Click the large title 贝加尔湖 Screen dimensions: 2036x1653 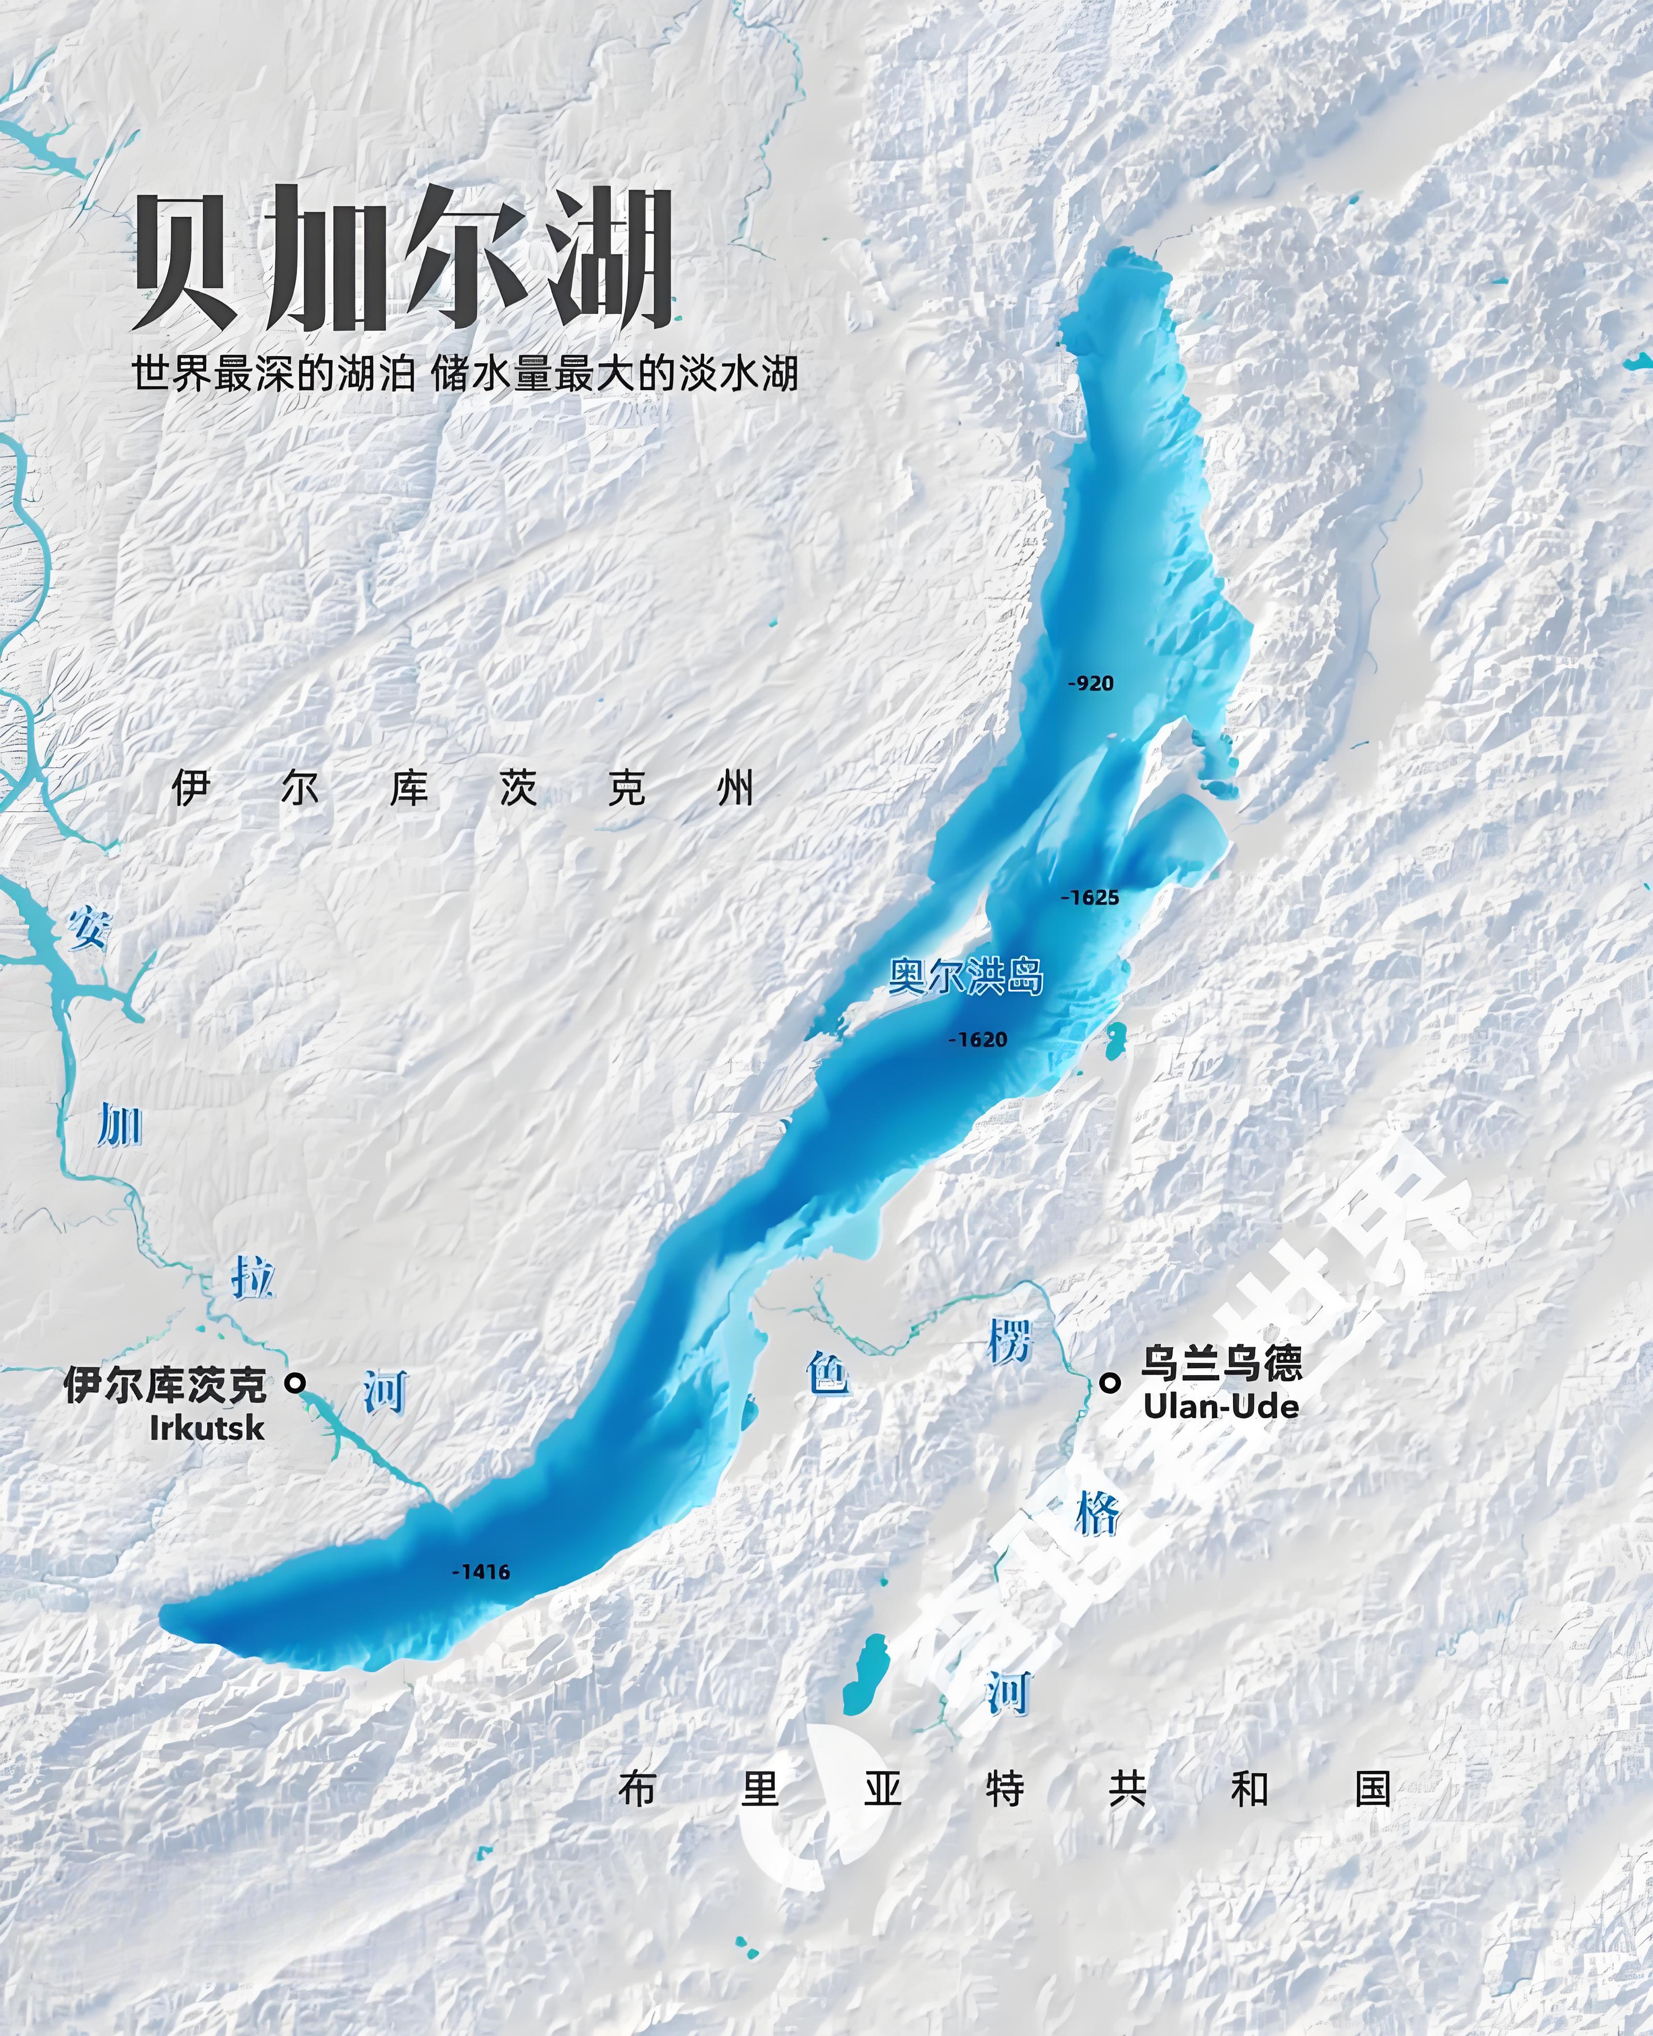(404, 259)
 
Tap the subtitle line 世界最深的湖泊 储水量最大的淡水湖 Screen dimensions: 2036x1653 (465, 374)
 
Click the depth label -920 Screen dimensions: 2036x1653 (1090, 683)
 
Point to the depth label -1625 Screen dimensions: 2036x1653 (1090, 897)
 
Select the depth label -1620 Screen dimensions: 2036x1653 (978, 1039)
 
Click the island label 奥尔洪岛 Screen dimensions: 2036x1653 (965, 976)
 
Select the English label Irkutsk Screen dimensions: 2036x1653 (207, 1427)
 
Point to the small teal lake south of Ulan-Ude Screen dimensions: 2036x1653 (866, 1674)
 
